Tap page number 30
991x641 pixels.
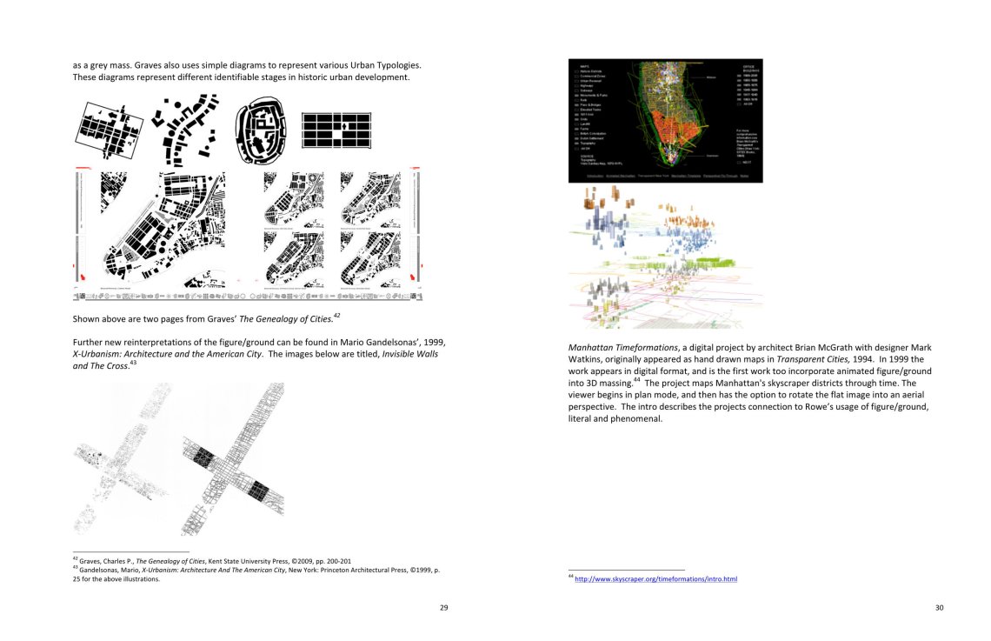click(x=939, y=607)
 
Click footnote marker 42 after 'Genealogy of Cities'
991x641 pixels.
click(x=336, y=315)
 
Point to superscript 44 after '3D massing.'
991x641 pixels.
click(x=636, y=379)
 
